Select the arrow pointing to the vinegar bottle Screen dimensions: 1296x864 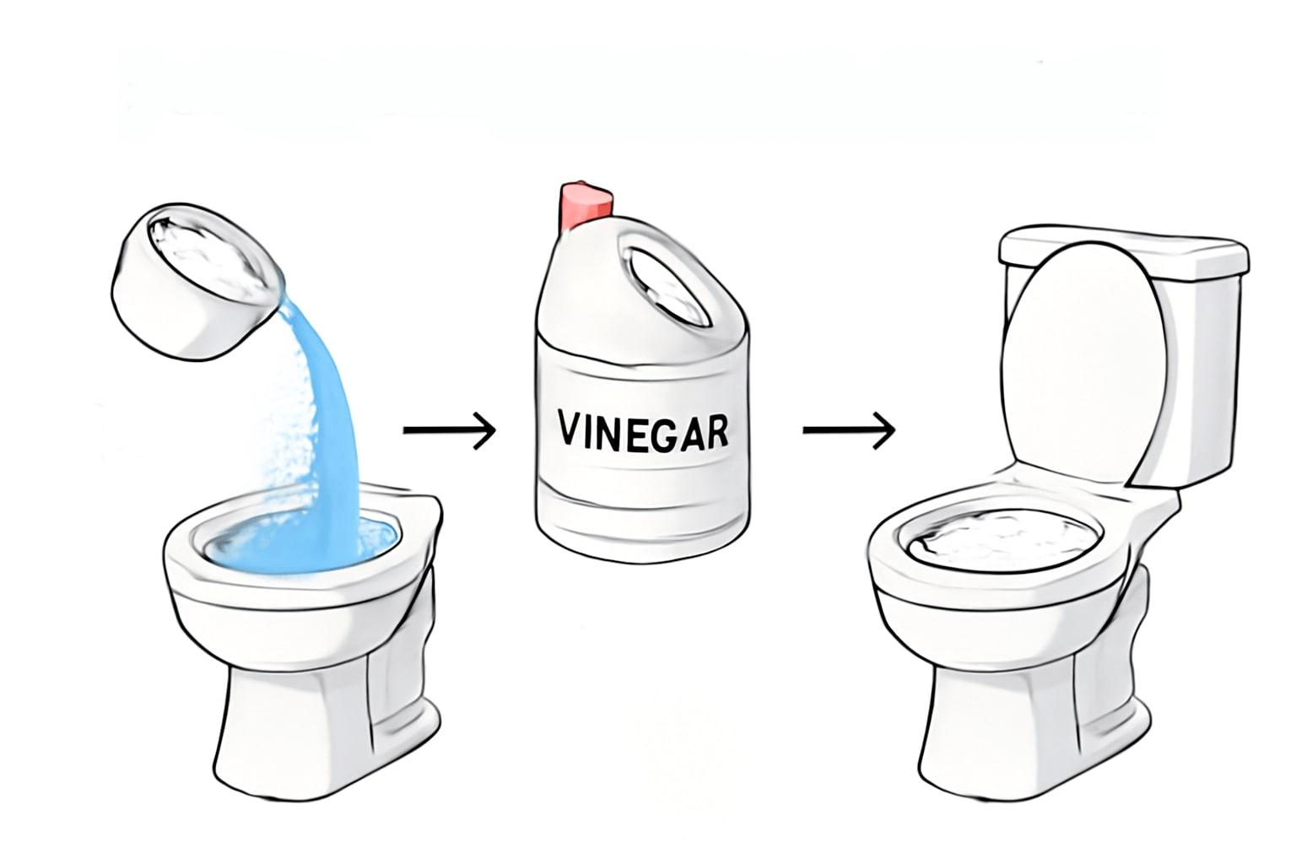pyautogui.click(x=450, y=430)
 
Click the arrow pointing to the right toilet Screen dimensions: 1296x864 pyautogui.click(x=849, y=430)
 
